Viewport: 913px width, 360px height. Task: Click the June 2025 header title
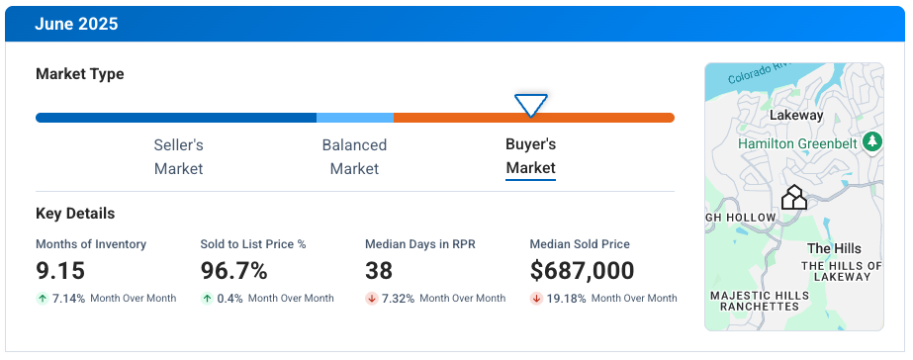coord(76,25)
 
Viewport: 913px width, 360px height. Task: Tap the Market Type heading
coord(80,74)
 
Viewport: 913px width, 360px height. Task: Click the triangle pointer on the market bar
coord(531,105)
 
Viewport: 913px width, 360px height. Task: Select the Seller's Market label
coord(178,156)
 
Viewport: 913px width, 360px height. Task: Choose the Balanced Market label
coord(354,156)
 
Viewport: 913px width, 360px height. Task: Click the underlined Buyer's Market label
coord(531,156)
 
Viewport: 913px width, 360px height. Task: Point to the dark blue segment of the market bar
coord(176,118)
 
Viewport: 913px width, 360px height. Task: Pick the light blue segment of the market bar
coord(354,118)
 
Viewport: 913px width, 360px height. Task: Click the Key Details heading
coord(75,214)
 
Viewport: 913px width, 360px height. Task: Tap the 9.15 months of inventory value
coord(60,270)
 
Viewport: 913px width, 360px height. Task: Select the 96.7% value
coord(233,270)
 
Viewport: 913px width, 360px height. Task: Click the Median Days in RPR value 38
coord(379,270)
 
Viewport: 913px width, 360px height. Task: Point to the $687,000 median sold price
coord(582,270)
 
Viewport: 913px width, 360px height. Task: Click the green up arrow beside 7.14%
coord(42,299)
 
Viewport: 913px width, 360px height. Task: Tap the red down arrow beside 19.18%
coord(536,299)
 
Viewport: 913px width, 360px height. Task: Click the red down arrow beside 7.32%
coord(372,299)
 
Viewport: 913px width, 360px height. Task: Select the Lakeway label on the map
coord(795,116)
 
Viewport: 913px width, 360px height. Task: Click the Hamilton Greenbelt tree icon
coord(871,142)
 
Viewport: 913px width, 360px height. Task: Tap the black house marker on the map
coord(793,198)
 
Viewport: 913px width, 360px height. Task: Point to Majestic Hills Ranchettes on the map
coord(754,301)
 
